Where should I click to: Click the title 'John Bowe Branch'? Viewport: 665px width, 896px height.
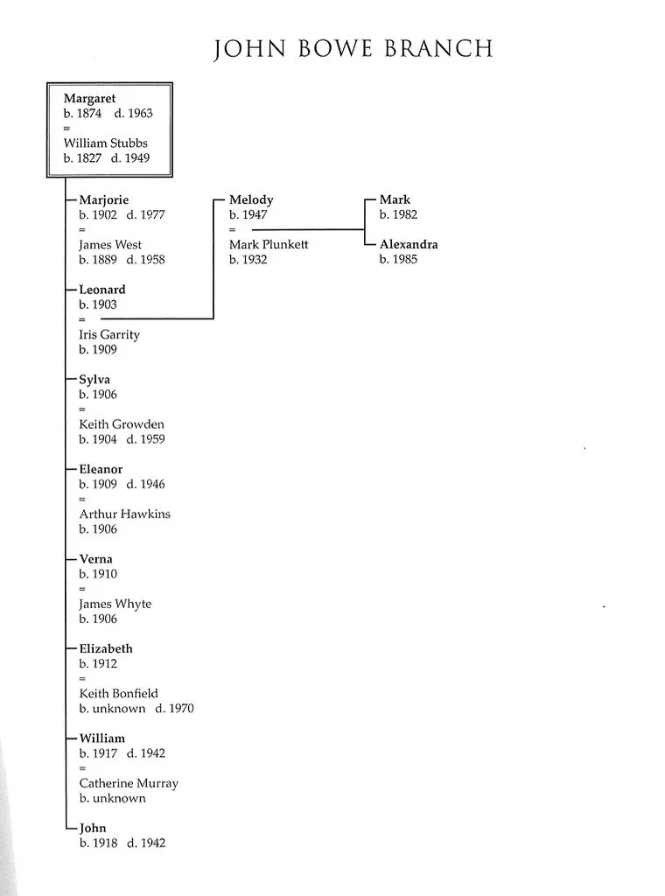coord(353,48)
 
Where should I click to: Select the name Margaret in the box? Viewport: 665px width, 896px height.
coord(89,99)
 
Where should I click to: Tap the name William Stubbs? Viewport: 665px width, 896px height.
coord(105,143)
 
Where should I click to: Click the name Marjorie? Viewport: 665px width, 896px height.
coord(103,199)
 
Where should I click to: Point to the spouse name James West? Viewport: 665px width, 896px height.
coord(110,245)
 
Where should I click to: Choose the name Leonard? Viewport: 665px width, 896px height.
coord(102,290)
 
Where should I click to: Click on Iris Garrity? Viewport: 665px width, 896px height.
coord(109,334)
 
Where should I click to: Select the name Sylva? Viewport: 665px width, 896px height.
coord(95,380)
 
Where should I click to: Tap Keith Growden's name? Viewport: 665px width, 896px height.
coord(122,424)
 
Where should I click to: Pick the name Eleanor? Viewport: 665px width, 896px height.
coord(102,469)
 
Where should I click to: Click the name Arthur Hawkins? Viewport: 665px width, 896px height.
coord(124,514)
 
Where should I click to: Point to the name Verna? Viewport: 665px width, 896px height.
coord(96,559)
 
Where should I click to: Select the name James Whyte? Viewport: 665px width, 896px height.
coord(115,604)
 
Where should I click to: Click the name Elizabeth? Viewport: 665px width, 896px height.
coord(106,648)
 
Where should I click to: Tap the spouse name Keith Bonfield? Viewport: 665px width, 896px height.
coord(118,693)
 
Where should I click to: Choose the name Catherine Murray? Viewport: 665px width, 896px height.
coord(129,783)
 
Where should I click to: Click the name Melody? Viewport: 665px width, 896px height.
coord(251,199)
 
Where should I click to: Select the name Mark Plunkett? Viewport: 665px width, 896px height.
coord(269,245)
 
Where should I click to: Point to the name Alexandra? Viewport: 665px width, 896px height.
coord(409,245)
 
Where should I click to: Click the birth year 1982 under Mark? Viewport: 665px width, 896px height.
coord(404,215)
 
